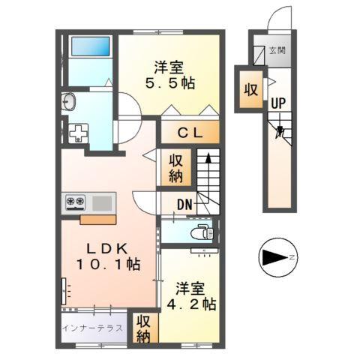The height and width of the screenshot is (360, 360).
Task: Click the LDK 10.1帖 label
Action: (x=109, y=256)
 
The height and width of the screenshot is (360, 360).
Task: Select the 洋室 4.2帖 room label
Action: (x=193, y=296)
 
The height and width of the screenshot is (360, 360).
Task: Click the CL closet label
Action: (x=190, y=133)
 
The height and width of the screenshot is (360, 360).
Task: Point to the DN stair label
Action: (x=185, y=204)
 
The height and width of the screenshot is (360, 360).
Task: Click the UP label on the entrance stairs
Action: (x=278, y=103)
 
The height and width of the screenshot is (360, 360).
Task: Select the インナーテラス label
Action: (x=93, y=328)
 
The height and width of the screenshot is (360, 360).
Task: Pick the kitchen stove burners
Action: (x=76, y=201)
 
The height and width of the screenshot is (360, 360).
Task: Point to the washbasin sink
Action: (x=69, y=102)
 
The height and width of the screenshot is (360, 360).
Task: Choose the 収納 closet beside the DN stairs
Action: (x=175, y=168)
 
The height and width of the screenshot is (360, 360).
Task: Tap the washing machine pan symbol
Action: (x=78, y=133)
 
